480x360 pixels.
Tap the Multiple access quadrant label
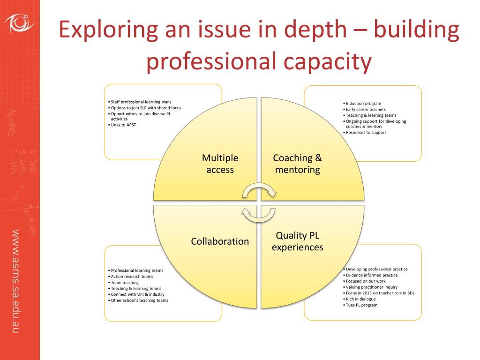click(x=220, y=164)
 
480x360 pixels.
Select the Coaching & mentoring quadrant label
click(x=297, y=164)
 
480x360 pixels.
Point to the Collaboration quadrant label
click(x=220, y=241)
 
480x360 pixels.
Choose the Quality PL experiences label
click(x=297, y=241)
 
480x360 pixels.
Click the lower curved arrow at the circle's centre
click(x=258, y=215)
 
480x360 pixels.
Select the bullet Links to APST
click(x=123, y=125)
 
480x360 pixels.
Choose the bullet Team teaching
click(x=125, y=282)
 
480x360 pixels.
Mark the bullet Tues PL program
click(x=361, y=305)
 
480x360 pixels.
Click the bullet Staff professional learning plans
click(x=141, y=102)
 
